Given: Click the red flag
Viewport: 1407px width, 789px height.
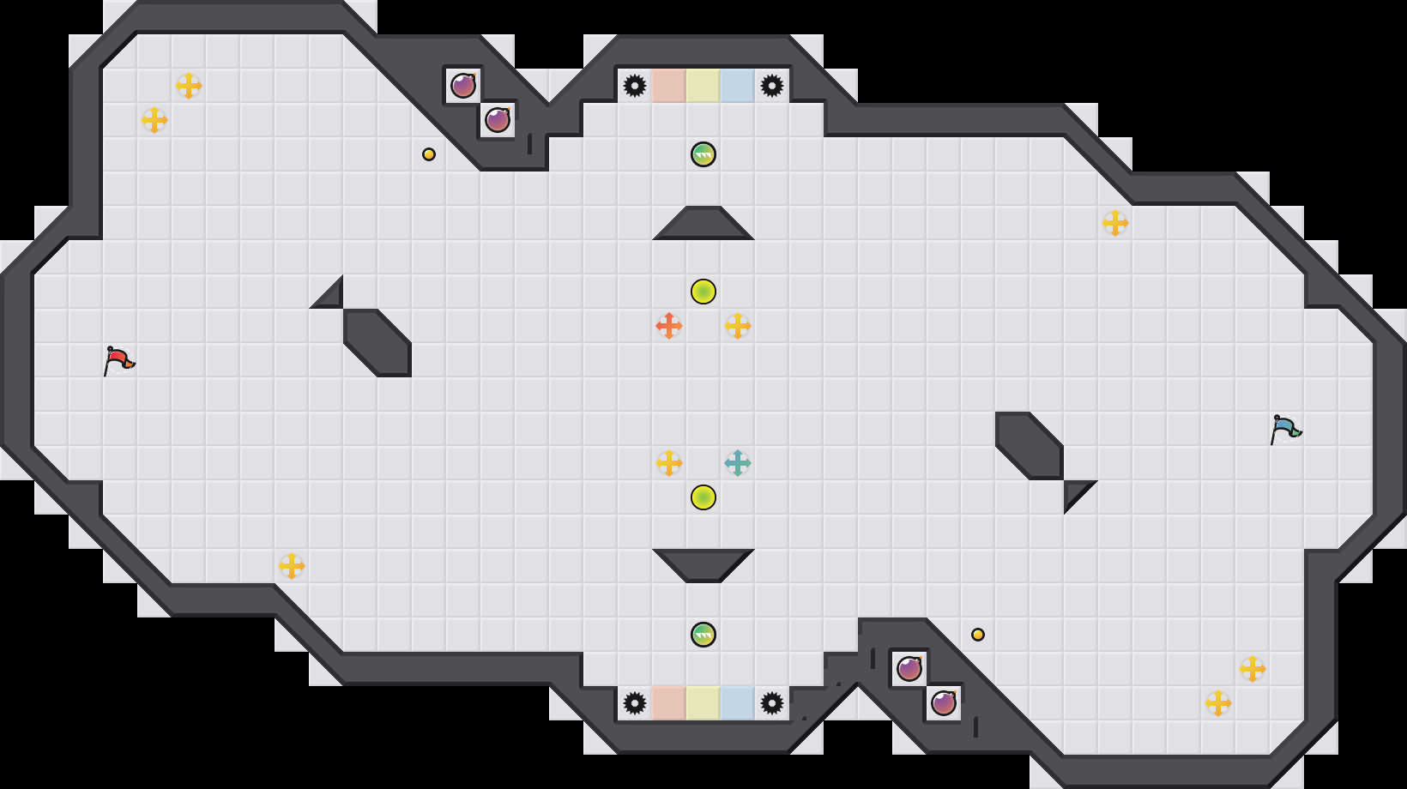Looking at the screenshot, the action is (118, 360).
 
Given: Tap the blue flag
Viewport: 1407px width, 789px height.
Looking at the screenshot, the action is (1285, 429).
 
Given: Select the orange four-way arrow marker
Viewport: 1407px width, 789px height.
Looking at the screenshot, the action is (669, 326).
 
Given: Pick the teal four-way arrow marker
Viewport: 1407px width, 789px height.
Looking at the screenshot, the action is (738, 463).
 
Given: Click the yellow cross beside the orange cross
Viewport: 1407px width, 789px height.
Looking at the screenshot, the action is (738, 326).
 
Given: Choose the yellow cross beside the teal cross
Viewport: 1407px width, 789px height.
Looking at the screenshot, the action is (669, 463).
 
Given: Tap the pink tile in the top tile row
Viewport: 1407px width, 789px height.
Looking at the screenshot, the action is (669, 86).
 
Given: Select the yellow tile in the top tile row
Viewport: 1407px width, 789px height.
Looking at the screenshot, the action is (703, 86).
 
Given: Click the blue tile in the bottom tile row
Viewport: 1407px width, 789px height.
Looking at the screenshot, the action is (738, 703).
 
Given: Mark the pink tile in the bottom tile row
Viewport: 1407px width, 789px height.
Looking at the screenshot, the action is (669, 703).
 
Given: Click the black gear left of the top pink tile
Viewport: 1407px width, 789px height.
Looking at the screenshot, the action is (635, 86).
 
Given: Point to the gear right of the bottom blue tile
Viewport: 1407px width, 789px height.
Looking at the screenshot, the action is (772, 703).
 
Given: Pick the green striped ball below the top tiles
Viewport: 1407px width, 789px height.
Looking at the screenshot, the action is (703, 154).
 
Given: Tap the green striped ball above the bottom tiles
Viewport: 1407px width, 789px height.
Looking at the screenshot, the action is (703, 635).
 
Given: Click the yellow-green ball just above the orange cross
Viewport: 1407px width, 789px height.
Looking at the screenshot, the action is (703, 292).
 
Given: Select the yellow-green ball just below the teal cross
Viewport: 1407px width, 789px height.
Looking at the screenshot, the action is (703, 497).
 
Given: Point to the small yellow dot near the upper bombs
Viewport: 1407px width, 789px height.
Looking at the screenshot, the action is (429, 154).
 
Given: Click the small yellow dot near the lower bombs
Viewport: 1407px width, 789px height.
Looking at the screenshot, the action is (978, 635).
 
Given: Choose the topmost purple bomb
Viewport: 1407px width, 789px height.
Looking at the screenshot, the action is (463, 86).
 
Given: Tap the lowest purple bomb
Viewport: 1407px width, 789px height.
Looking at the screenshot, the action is (944, 703).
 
